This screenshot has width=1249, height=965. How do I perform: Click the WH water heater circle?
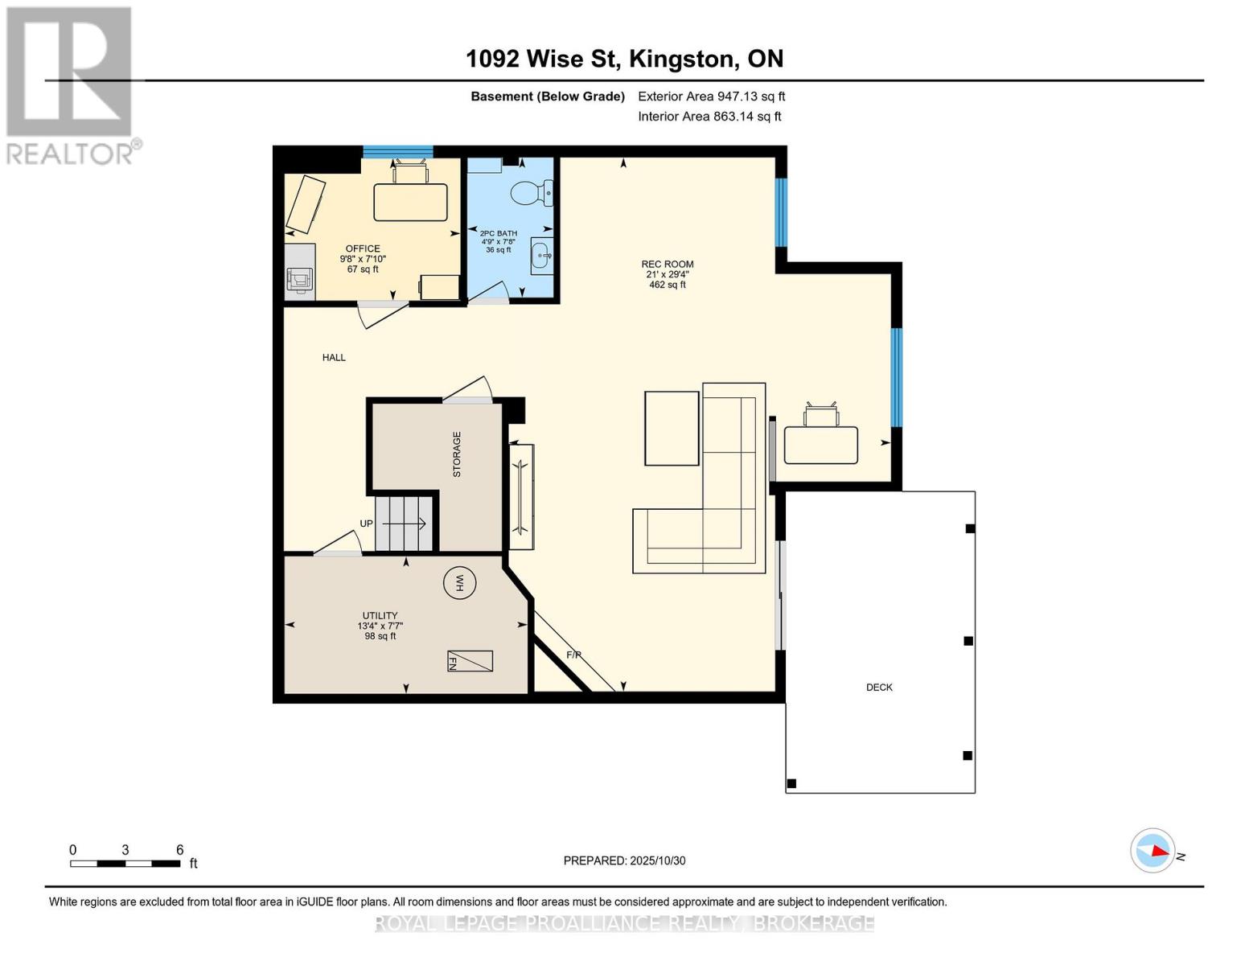(460, 583)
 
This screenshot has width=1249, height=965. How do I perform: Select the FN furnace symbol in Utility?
(470, 661)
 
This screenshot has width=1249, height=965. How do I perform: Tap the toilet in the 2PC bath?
(530, 193)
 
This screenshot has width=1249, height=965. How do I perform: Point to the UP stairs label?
(367, 524)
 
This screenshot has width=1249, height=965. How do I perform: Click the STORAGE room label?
(457, 454)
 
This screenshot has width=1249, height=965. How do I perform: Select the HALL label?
(334, 358)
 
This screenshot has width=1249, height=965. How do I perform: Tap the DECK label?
(879, 688)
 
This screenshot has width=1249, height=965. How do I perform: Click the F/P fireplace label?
(573, 655)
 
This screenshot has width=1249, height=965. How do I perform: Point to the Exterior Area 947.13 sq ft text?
(711, 96)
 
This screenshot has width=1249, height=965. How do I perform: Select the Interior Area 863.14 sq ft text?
(709, 117)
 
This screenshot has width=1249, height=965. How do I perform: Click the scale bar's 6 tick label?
(179, 850)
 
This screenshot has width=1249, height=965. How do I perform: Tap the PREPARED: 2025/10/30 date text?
(624, 860)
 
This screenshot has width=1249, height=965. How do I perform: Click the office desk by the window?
(410, 202)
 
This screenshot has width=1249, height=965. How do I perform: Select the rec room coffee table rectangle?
(672, 428)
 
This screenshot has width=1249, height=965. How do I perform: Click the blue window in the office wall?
(397, 151)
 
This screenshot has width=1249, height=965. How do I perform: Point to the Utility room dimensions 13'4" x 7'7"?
(380, 626)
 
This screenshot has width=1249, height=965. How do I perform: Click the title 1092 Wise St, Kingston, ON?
(624, 59)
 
